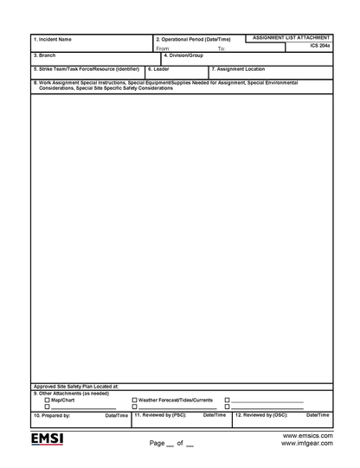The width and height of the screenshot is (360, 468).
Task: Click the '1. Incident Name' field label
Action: [x=53, y=39]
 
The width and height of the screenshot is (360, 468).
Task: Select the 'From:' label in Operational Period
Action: [x=163, y=48]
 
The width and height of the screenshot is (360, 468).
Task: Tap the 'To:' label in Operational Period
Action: [x=221, y=48]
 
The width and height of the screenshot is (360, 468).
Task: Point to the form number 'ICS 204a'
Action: [x=319, y=47]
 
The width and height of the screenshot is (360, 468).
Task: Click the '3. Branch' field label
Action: [x=44, y=54]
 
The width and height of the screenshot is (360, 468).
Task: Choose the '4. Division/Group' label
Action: [x=183, y=54]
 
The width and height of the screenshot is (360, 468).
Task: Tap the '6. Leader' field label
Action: [x=158, y=67]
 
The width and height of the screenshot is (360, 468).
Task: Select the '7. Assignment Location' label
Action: [x=238, y=67]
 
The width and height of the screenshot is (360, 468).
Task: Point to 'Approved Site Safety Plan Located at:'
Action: [x=75, y=386]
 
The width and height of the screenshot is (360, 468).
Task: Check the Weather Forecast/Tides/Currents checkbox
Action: [x=134, y=400]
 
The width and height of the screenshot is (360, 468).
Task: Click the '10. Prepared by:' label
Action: [x=52, y=415]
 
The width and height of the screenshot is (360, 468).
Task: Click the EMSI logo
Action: [x=48, y=439]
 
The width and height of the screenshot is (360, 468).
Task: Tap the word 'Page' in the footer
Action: [x=157, y=443]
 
